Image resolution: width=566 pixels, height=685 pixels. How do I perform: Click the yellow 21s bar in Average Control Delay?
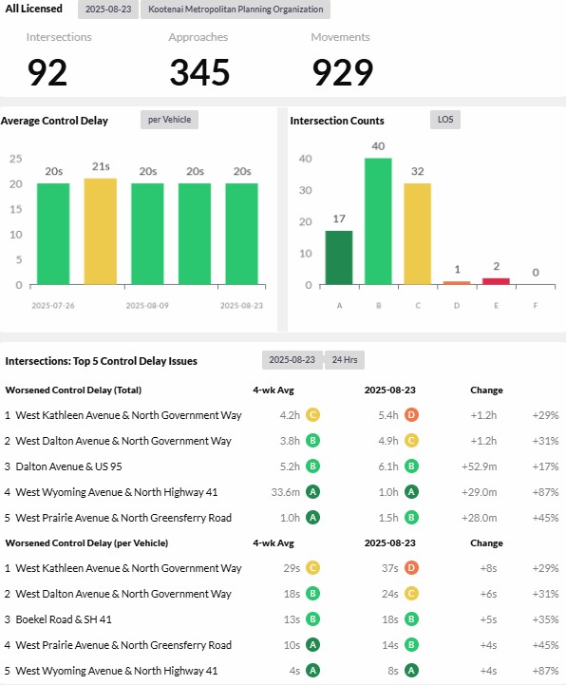coord(100,232)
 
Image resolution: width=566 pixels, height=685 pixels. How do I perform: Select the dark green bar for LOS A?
coord(339,257)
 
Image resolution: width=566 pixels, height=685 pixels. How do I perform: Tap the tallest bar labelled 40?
coord(378,221)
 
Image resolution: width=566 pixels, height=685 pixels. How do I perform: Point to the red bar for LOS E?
coord(496,281)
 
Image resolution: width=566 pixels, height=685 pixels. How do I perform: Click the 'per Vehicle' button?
coord(169,120)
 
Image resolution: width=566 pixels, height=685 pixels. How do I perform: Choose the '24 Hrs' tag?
coord(345,360)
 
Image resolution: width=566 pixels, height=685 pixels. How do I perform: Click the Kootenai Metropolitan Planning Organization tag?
coord(236,10)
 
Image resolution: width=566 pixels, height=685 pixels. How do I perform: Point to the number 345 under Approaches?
coord(199,72)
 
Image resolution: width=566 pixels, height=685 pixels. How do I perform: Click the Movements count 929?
coord(343,72)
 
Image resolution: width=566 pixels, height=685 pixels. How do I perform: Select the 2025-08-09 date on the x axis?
coord(147,306)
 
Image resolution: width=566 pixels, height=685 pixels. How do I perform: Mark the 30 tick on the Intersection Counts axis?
coord(305,190)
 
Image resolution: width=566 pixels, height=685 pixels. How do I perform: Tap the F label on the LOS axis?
coord(536,306)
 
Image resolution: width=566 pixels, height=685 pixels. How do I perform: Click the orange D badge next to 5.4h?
coord(411,414)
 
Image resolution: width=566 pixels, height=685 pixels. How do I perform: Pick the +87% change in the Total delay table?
coord(545,492)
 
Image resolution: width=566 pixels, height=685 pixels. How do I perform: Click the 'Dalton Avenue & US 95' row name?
coord(68,466)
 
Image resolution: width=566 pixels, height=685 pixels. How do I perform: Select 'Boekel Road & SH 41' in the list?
coord(64,619)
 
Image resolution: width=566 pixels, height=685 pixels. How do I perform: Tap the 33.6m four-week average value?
coord(285,492)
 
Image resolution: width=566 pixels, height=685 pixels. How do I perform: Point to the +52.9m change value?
coord(479,466)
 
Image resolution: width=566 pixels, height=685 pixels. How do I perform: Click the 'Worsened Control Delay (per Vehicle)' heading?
coord(86,543)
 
